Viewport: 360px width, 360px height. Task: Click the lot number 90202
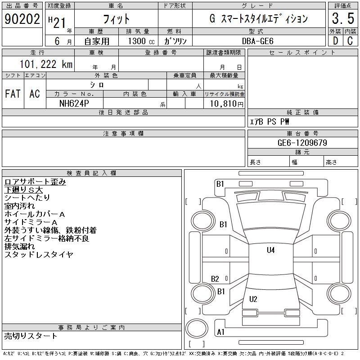click(22, 18)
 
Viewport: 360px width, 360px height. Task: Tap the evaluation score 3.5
click(343, 18)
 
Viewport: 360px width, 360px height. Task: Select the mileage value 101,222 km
click(46, 64)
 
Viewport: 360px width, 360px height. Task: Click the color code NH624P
click(74, 103)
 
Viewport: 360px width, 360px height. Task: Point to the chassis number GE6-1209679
click(302, 143)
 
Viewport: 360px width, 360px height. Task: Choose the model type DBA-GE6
click(258, 41)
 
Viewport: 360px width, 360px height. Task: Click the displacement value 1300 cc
click(141, 41)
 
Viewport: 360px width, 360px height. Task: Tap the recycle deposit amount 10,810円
click(226, 104)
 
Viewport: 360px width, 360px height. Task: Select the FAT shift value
click(13, 94)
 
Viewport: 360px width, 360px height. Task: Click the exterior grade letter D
click(335, 41)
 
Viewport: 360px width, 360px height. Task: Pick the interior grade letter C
click(350, 41)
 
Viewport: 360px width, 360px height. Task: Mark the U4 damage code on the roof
click(271, 250)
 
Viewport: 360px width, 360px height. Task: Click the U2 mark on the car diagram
click(253, 299)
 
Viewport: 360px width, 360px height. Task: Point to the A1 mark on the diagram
click(220, 332)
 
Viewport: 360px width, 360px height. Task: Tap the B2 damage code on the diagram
click(215, 279)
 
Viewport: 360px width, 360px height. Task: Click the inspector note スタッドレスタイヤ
click(39, 254)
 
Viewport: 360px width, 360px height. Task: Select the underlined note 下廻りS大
click(24, 190)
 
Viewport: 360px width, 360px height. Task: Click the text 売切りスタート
click(31, 336)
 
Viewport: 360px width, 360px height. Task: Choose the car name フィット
click(116, 19)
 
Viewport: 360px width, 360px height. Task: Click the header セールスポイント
click(302, 53)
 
